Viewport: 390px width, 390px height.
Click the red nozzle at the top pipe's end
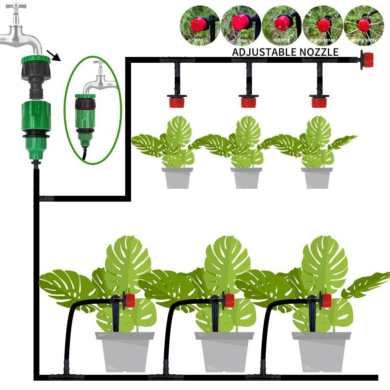pos(366,60)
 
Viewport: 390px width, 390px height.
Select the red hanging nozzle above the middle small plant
pos(248,102)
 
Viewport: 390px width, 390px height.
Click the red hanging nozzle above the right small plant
pos(319,102)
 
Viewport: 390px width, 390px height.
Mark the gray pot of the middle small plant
pos(247,178)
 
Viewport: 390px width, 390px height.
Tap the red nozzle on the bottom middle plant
pos(229,300)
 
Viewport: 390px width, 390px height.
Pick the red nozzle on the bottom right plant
pos(326,300)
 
